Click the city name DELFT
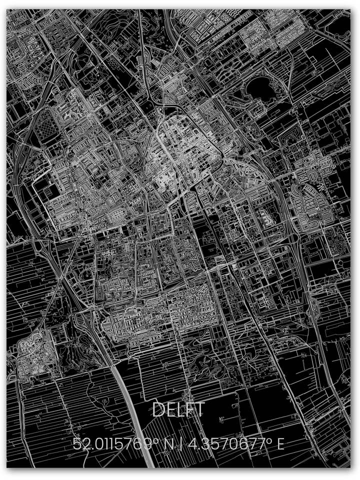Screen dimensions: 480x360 [x=178, y=410]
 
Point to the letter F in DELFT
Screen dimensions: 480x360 [x=191, y=410]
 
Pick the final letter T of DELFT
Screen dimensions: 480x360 [x=200, y=410]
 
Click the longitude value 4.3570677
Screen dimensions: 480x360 [x=234, y=443]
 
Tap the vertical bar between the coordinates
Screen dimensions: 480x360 [x=186, y=443]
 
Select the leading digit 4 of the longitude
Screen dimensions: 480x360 [x=198, y=443]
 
